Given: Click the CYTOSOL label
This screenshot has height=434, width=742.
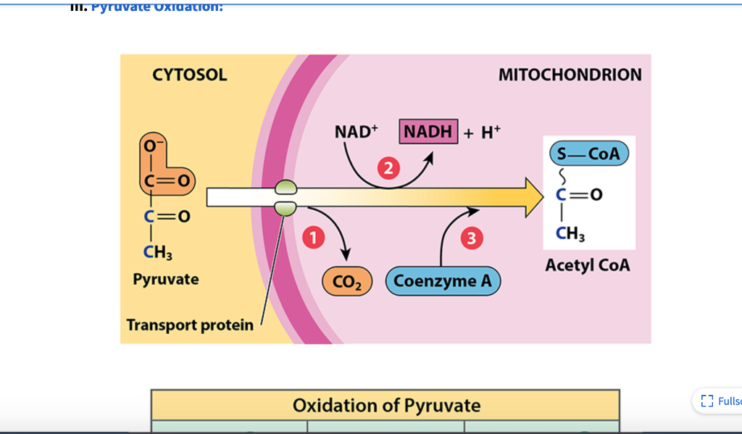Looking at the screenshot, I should (x=189, y=75).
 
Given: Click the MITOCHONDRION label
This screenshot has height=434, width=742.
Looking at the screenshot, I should (x=570, y=75).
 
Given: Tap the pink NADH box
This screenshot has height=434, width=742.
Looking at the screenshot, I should (x=428, y=132).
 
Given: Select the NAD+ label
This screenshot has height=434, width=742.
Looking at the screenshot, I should (x=357, y=132).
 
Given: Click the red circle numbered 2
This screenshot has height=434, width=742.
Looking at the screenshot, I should (x=390, y=170).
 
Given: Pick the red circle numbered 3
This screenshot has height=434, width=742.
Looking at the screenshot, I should (x=472, y=238).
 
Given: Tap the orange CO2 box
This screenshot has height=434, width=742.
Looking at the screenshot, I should (x=347, y=281).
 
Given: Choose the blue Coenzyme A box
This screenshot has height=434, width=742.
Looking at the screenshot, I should (x=443, y=281).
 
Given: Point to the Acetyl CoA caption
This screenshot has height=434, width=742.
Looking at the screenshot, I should (x=587, y=265).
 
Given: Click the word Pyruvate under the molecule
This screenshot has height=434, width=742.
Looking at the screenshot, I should (x=165, y=279).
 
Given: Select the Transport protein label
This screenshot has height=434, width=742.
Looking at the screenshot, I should (x=190, y=324).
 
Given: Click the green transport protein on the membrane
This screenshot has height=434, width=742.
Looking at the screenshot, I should (x=285, y=198).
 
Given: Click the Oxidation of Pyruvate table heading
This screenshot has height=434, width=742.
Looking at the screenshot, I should (x=386, y=405).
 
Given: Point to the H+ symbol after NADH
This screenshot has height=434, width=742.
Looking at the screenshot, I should (x=490, y=133).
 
